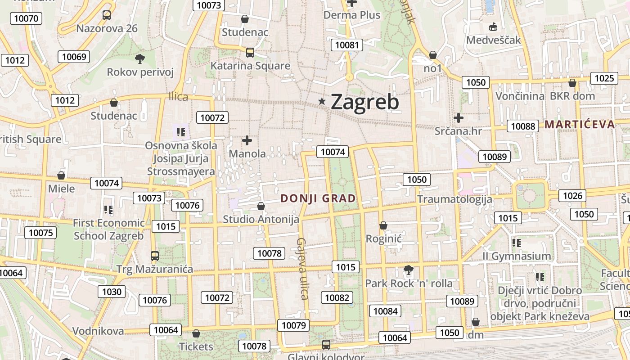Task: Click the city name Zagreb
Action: coord(364,102)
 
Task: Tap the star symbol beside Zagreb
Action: coord(322,101)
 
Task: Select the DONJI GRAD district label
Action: coord(318,198)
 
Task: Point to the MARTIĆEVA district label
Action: coord(580,125)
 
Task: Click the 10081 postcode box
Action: coord(347,45)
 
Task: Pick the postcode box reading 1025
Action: coord(604,78)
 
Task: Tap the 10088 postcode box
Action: coord(523,126)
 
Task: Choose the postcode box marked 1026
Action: coord(572,195)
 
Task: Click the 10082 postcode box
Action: coord(337,297)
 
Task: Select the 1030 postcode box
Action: coord(112,292)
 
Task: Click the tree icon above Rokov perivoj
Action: coord(140,58)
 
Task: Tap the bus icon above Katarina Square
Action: coord(250,52)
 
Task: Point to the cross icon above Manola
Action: coord(247,140)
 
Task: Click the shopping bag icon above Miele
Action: coord(61,175)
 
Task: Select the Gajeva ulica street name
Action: coord(302,269)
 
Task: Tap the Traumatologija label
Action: coord(454,199)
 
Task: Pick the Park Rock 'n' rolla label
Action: coord(409,283)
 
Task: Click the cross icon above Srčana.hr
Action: coord(459,118)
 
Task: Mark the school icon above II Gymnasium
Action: coord(517,243)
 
